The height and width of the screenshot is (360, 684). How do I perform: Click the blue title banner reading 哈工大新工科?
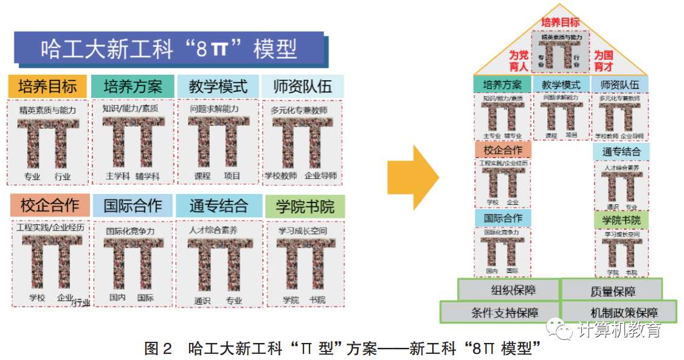pyautogui.click(x=168, y=49)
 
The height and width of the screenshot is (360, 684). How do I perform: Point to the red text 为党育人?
pyautogui.click(x=519, y=60)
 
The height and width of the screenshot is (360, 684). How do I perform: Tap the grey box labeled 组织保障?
pyautogui.click(x=508, y=290)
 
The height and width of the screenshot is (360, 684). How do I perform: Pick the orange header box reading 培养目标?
pyautogui.click(x=47, y=86)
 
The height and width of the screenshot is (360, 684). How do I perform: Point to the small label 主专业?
pyautogui.click(x=492, y=136)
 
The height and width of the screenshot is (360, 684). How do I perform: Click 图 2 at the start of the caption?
pyautogui.click(x=159, y=348)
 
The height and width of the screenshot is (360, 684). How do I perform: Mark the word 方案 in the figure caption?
pyautogui.click(x=362, y=348)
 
